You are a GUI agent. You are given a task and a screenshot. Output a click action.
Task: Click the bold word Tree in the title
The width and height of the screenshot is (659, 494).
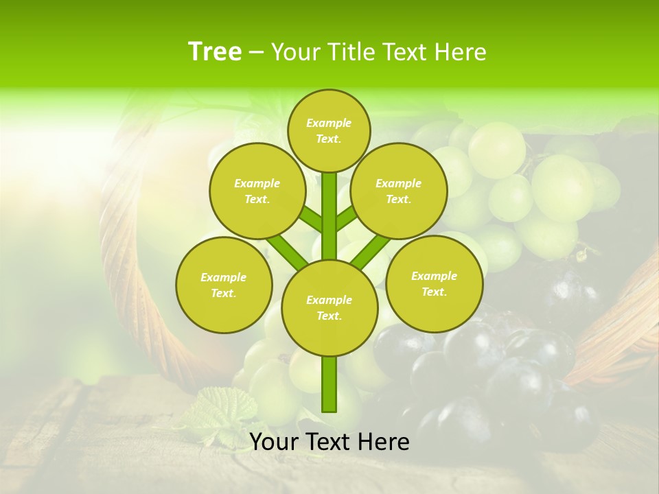point(215,51)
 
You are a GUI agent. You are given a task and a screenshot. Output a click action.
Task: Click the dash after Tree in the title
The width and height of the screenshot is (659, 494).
point(257,52)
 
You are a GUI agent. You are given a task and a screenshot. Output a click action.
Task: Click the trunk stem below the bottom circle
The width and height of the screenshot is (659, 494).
point(329,384)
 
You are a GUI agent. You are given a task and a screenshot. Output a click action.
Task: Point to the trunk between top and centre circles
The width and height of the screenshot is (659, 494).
point(329,216)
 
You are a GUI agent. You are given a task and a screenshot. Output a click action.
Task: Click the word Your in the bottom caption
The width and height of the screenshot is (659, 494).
point(274,443)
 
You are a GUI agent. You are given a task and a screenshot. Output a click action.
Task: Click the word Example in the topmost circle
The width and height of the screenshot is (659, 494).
point(329,123)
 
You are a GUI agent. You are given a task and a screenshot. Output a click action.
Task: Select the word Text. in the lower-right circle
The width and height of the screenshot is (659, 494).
point(434,292)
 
